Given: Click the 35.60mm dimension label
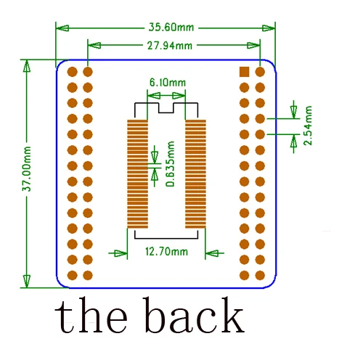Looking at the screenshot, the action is [x=171, y=28].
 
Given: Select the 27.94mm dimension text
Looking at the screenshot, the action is [x=170, y=46].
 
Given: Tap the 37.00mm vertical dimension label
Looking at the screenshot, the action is [x=27, y=168].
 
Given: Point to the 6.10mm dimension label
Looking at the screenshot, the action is [x=168, y=83].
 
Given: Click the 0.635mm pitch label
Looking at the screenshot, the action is [x=170, y=164].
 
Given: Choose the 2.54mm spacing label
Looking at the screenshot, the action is [x=308, y=126].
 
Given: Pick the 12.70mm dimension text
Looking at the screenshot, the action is [x=166, y=252].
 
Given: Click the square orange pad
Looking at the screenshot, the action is [x=244, y=72].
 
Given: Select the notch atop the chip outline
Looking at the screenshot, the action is [x=166, y=108].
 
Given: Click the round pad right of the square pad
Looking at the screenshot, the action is [x=260, y=72].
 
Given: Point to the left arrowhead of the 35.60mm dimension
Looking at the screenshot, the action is [x=62, y=28].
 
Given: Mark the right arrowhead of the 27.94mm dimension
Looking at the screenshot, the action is [x=253, y=45].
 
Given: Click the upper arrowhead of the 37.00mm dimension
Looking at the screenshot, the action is [x=27, y=66].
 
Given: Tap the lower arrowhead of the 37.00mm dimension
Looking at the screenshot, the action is [x=27, y=281].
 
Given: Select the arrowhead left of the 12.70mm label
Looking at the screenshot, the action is [x=121, y=253].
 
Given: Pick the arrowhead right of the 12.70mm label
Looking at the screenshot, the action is [x=212, y=253].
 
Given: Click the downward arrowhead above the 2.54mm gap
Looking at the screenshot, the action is [x=294, y=112].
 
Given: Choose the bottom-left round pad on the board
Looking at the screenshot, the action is [x=72, y=275].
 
